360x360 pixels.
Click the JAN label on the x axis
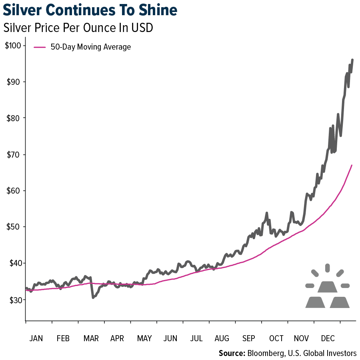tap(36, 338)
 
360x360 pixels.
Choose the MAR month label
tap(91, 338)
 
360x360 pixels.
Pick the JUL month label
tap(196, 338)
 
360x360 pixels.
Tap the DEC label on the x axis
tap(328, 338)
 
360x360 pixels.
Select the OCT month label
tap(276, 338)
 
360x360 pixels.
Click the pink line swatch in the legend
tap(40, 47)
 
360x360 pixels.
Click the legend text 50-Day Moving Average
tap(91, 47)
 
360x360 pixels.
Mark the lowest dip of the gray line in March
tap(93, 297)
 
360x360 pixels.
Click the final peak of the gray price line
tap(352, 60)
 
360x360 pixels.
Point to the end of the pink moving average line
tap(352, 165)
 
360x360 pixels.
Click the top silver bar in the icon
tap(328, 286)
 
